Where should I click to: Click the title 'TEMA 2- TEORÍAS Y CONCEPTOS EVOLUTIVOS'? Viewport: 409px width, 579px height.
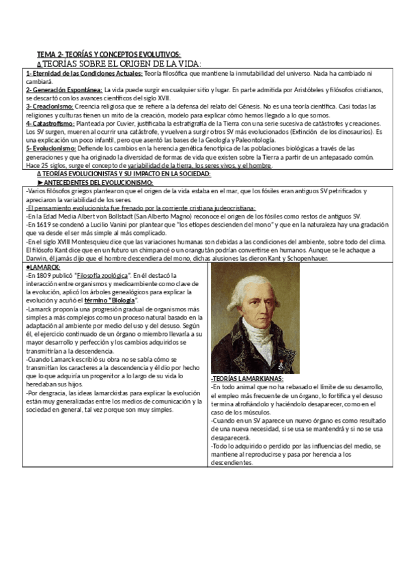click(109, 54)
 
